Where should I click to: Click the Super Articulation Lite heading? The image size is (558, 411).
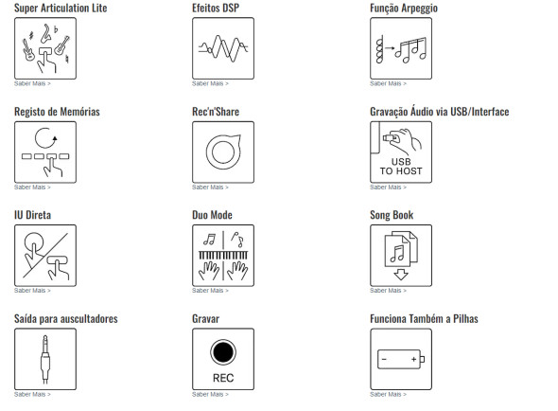tap(61, 8)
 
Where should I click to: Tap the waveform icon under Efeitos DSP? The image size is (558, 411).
tap(223, 48)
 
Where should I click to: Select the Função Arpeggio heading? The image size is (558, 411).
tap(404, 9)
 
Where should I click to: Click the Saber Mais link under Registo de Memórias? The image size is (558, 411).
tap(32, 188)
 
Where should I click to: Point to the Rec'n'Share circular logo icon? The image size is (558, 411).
tap(223, 152)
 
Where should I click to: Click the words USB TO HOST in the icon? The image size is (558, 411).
tap(401, 167)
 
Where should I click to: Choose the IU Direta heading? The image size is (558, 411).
tap(32, 215)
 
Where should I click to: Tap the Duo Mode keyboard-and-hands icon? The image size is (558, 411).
tap(223, 256)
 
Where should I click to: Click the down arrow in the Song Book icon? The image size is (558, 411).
tap(401, 275)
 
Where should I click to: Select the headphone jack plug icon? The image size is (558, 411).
tap(45, 359)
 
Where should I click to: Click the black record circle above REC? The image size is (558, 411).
tap(223, 352)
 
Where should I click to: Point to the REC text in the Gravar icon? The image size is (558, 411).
tap(223, 378)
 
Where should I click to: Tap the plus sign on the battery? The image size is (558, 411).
tap(413, 359)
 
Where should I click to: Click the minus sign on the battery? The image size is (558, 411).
tap(384, 359)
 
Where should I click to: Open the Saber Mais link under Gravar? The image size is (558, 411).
tap(210, 394)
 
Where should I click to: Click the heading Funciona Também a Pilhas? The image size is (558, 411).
tap(424, 318)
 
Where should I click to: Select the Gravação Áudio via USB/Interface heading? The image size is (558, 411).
tap(440, 112)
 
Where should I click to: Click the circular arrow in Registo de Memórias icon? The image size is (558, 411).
tap(45, 138)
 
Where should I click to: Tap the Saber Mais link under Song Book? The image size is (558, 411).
tap(389, 291)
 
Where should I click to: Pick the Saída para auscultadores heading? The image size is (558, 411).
tap(66, 319)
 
